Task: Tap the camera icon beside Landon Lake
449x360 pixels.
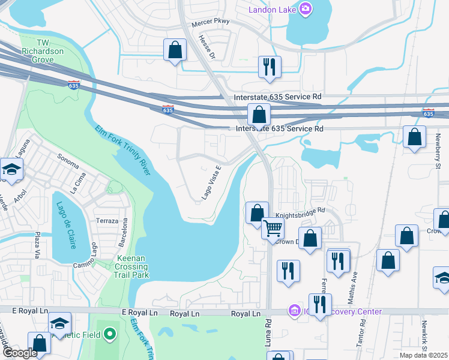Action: (x=305, y=8)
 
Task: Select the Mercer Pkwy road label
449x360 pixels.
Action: (x=211, y=23)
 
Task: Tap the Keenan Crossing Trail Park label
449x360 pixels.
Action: (x=131, y=266)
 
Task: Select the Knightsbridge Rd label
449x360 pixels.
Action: (x=300, y=211)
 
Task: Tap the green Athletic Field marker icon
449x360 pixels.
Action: (x=109, y=333)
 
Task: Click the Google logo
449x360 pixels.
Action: (x=20, y=353)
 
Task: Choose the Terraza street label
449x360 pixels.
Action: (x=107, y=221)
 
